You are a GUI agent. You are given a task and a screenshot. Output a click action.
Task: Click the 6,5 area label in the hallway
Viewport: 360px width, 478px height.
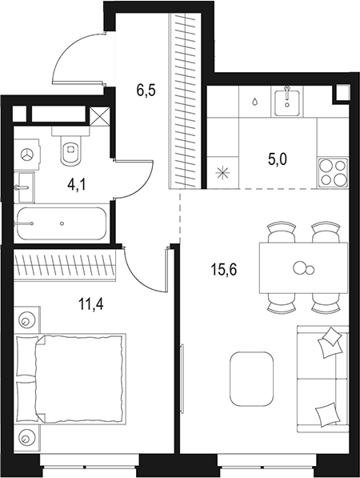point(146,90)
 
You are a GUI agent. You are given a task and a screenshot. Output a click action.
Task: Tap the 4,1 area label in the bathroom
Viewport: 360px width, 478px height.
point(77,185)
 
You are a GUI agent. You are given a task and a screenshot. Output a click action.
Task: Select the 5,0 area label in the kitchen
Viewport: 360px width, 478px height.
point(278,159)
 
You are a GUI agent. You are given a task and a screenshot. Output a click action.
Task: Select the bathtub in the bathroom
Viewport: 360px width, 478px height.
point(61,223)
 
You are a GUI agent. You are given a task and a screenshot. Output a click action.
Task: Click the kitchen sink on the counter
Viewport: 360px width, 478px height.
point(286,102)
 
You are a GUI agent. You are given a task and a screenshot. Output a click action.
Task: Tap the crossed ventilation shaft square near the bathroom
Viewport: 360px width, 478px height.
point(100,117)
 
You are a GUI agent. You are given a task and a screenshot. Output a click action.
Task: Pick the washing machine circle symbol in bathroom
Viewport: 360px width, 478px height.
point(30,152)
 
